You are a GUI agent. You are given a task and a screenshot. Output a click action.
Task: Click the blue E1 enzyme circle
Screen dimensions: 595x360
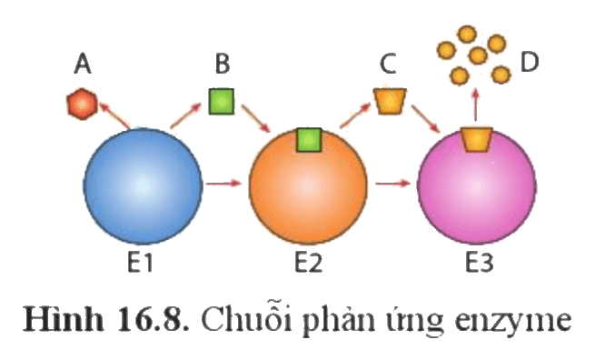143,186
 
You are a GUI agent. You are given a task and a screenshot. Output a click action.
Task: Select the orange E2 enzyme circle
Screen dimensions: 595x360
308,186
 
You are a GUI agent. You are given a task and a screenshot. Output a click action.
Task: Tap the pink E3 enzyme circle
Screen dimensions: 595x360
477,186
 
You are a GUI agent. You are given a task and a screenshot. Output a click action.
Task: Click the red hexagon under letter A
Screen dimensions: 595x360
82,104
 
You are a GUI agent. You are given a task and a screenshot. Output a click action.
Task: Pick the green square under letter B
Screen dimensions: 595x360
222,102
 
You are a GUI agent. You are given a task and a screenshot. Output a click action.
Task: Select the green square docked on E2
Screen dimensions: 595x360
309,140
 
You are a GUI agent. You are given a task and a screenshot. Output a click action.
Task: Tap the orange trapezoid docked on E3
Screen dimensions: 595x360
477,140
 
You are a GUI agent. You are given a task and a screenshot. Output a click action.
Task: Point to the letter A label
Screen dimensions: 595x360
83,64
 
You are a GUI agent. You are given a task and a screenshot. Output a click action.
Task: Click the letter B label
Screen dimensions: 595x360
223,64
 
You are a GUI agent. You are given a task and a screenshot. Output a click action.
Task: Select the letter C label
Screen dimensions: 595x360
388,64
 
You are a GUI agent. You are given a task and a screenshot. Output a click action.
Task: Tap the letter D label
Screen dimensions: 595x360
530,63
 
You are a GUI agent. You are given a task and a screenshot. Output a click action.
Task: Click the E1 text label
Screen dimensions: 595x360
140,263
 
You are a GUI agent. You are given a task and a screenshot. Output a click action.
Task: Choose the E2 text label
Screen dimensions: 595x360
309,263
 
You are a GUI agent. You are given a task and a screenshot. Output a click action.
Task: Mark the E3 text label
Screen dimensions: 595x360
480,263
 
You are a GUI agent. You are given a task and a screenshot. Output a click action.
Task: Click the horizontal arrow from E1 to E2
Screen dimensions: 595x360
223,185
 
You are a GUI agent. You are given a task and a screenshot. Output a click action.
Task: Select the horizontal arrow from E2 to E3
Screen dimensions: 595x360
392,185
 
